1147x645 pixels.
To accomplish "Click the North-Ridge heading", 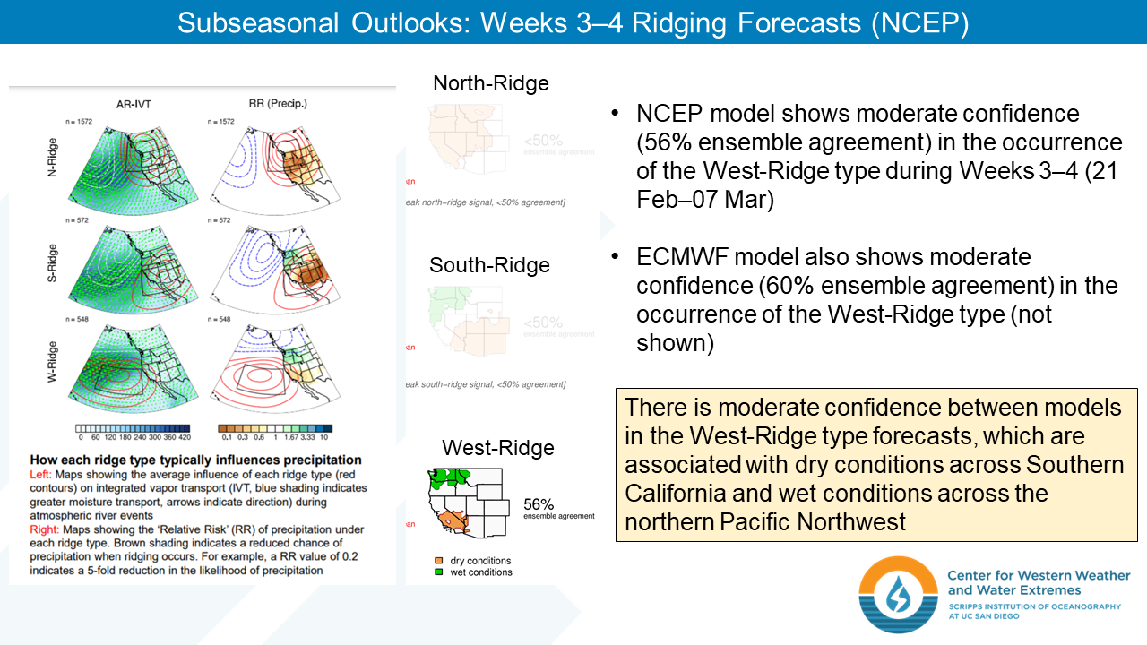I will pos(490,84).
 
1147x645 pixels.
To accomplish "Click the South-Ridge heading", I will pos(489,265).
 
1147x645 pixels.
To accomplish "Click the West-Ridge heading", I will pos(497,448).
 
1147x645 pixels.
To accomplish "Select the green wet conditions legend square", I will pos(438,572).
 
